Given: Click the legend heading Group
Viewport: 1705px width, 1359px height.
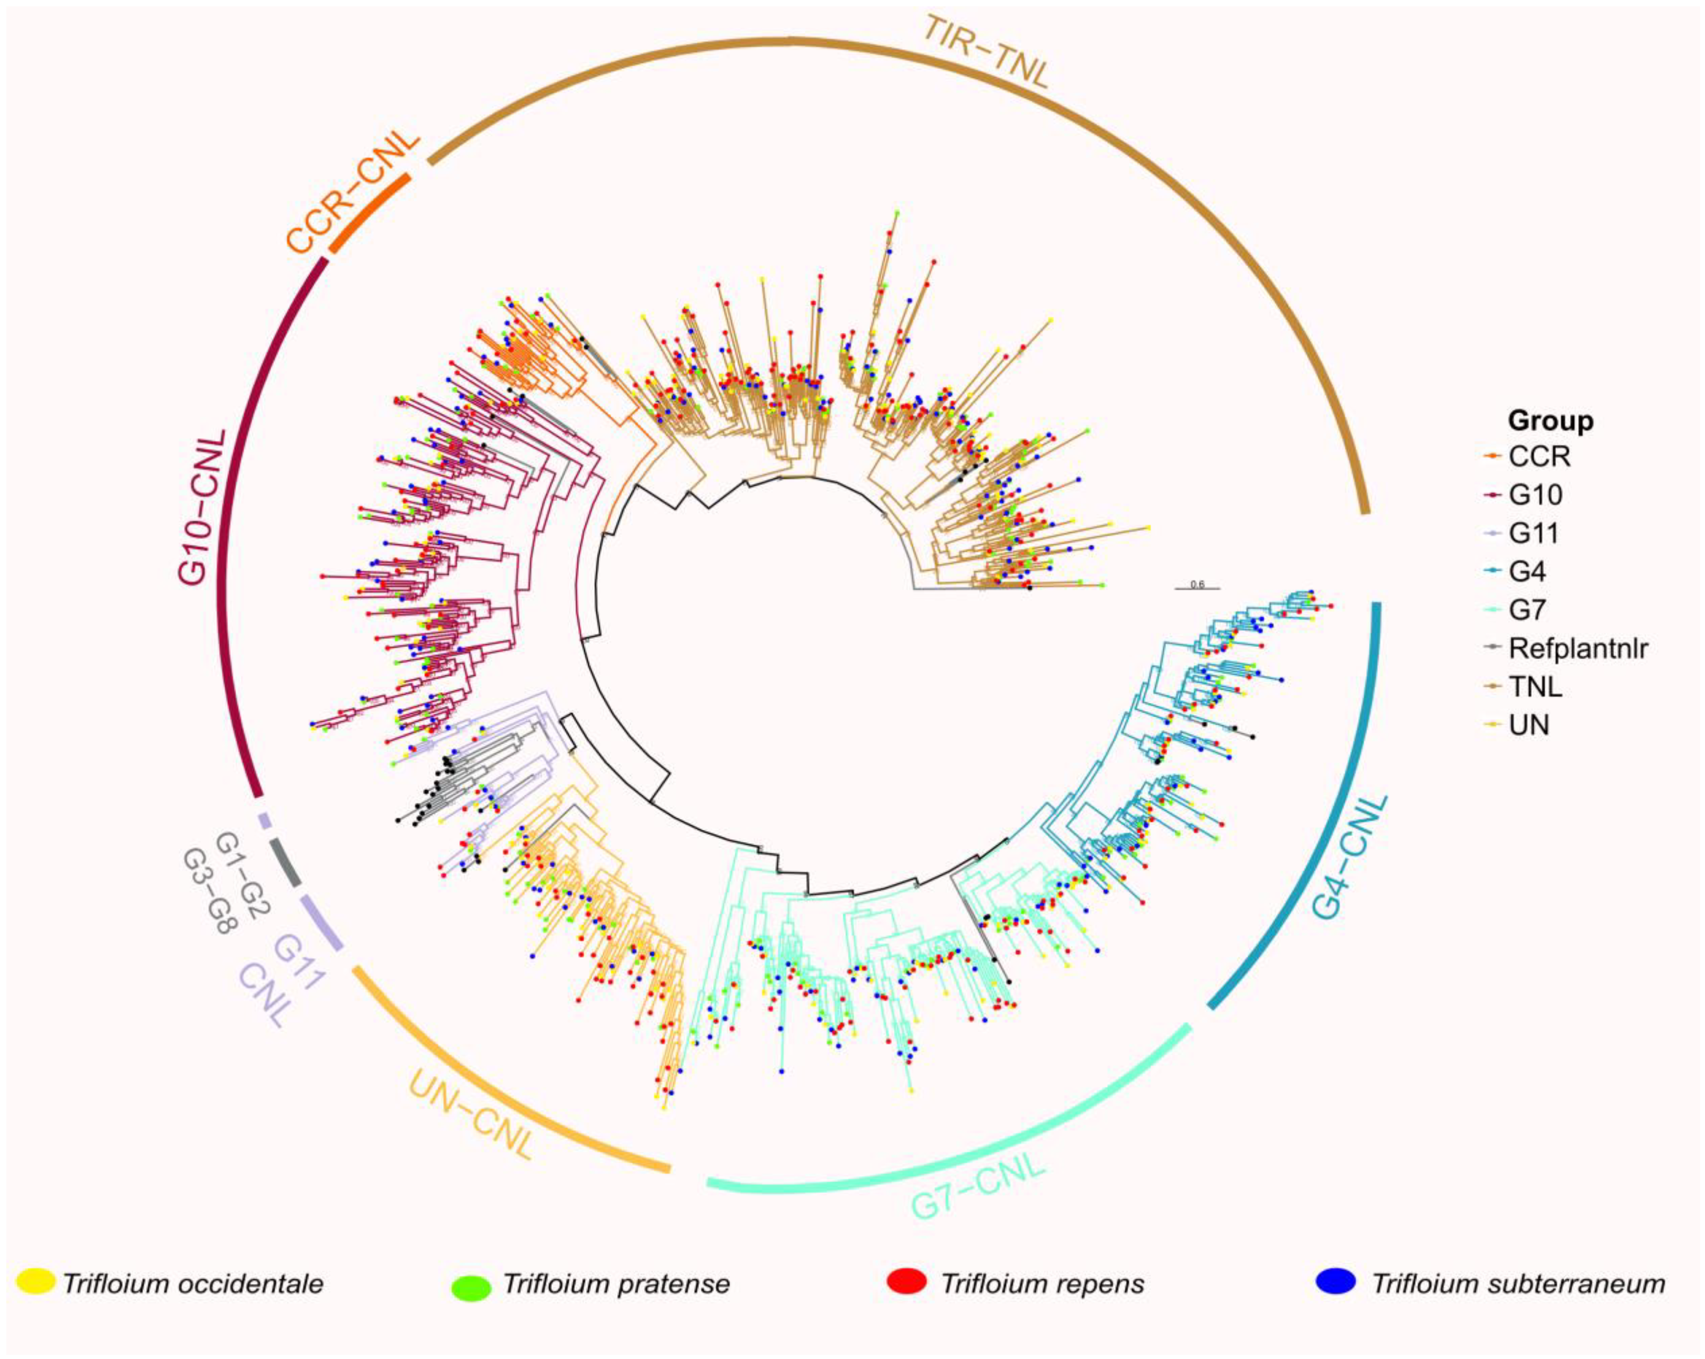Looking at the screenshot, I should point(1550,421).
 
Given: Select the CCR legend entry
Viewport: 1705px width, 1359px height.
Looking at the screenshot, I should point(1538,456).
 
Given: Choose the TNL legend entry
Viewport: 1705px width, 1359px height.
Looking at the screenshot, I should point(1534,687).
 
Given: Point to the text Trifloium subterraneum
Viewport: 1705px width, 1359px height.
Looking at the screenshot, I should point(1518,1283).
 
